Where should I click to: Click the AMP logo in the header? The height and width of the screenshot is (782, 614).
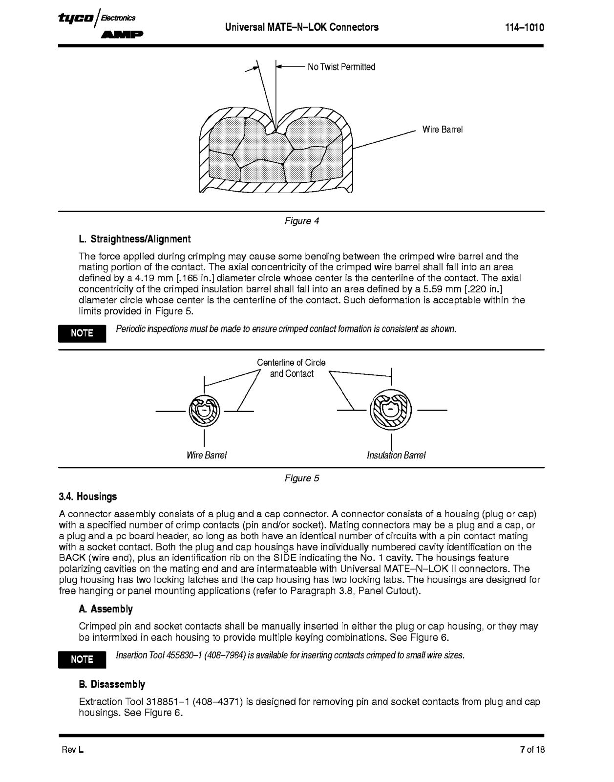coord(122,35)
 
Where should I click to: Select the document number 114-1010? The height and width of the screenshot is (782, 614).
coord(524,28)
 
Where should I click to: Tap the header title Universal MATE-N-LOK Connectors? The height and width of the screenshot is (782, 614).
coord(301,27)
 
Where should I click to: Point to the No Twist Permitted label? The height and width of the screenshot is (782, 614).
coord(341,67)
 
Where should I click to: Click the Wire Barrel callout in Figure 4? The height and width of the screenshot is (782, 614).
coord(442,130)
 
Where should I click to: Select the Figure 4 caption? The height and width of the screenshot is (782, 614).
coord(301,221)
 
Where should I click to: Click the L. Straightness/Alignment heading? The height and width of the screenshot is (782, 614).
coord(134,239)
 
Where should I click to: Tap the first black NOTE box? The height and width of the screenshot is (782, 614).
coord(82,333)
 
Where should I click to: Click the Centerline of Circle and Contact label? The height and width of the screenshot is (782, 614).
coord(292,368)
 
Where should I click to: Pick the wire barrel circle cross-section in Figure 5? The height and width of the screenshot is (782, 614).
coord(204,411)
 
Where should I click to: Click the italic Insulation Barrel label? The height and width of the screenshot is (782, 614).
coord(396,456)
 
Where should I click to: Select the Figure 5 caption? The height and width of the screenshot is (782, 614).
coord(301,478)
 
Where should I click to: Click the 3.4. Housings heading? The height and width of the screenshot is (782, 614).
coord(88,497)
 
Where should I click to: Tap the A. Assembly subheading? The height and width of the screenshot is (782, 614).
coord(106,609)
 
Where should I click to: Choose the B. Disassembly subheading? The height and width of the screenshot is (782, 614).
coord(112,684)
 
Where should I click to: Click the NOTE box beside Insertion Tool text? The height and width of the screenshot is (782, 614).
coord(82,659)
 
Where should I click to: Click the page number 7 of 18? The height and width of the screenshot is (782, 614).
coord(532,750)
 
